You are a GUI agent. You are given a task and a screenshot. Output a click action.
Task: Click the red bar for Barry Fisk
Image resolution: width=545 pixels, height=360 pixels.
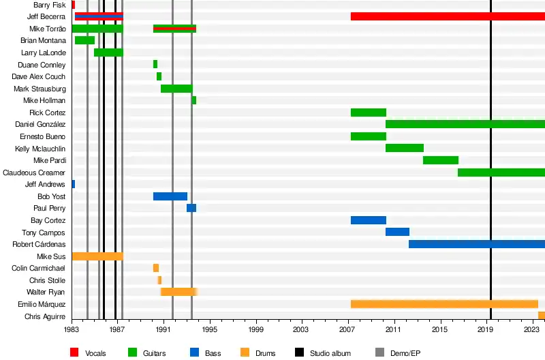73,5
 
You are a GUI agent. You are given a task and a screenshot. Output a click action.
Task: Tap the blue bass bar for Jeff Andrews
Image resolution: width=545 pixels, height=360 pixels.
73,184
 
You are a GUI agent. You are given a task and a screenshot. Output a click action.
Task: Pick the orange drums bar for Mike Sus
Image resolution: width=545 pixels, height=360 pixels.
97,256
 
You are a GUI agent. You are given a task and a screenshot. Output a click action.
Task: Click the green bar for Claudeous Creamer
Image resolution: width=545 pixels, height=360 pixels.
501,172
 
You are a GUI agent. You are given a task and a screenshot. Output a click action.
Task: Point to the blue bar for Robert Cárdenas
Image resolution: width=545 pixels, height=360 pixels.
476,244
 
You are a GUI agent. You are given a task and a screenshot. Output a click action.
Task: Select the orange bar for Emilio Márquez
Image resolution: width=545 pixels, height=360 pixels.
444,304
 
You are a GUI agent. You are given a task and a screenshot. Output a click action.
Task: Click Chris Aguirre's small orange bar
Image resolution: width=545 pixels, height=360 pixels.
542,316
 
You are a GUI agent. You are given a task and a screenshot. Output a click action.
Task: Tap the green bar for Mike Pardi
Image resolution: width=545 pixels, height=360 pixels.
440,160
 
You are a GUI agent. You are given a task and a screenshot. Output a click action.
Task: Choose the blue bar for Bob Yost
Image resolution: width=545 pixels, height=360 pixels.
170,196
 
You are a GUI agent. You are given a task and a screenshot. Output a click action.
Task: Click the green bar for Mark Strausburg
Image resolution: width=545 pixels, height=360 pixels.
176,89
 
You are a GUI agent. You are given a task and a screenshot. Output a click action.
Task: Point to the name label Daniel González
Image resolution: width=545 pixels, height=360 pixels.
40,125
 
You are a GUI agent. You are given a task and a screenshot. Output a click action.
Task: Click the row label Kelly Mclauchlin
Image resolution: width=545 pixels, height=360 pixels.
40,149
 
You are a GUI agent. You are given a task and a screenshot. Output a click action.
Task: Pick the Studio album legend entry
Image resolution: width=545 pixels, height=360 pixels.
330,353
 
